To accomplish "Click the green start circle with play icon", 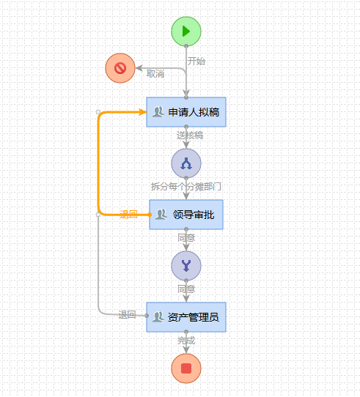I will click(186, 31).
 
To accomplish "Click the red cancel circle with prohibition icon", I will click(120, 68).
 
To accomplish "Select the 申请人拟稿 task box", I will click(186, 112).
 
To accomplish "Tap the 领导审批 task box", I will click(186, 215).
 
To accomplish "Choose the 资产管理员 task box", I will click(186, 317).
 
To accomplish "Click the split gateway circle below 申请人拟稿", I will click(186, 163).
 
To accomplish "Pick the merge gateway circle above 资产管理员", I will click(186, 265).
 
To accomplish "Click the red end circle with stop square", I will click(186, 368).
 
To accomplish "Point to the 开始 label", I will click(196, 62).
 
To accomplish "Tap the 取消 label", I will click(155, 74).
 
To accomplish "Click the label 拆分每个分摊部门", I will click(186, 187).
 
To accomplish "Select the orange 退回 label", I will click(128, 215).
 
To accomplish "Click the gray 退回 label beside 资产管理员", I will click(128, 315).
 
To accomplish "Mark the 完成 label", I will click(186, 341).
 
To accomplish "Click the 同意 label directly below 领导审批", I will click(186, 238).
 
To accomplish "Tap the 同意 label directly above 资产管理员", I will click(186, 289).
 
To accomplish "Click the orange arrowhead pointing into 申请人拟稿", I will click(142, 112).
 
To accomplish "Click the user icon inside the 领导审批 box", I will click(162, 215).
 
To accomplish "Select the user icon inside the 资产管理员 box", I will click(158, 317).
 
